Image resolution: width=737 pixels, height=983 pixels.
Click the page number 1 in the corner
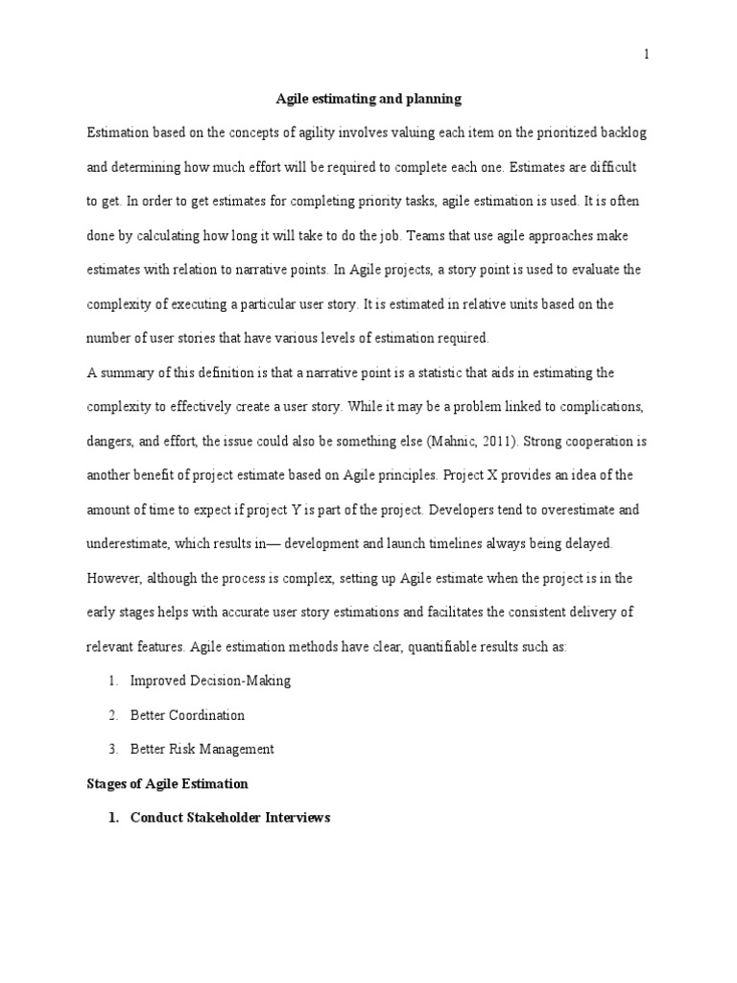click(x=647, y=55)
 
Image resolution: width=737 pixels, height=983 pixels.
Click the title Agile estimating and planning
click(x=368, y=98)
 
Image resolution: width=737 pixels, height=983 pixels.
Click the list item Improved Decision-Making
click(x=211, y=681)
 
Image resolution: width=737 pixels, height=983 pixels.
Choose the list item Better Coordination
click(x=188, y=715)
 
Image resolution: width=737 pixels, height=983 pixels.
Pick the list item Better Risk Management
click(x=202, y=750)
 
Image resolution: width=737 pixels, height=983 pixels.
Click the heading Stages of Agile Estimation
click(x=167, y=784)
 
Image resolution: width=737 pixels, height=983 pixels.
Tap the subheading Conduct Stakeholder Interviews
click(x=230, y=819)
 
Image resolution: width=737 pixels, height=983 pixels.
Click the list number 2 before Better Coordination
click(x=112, y=715)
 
